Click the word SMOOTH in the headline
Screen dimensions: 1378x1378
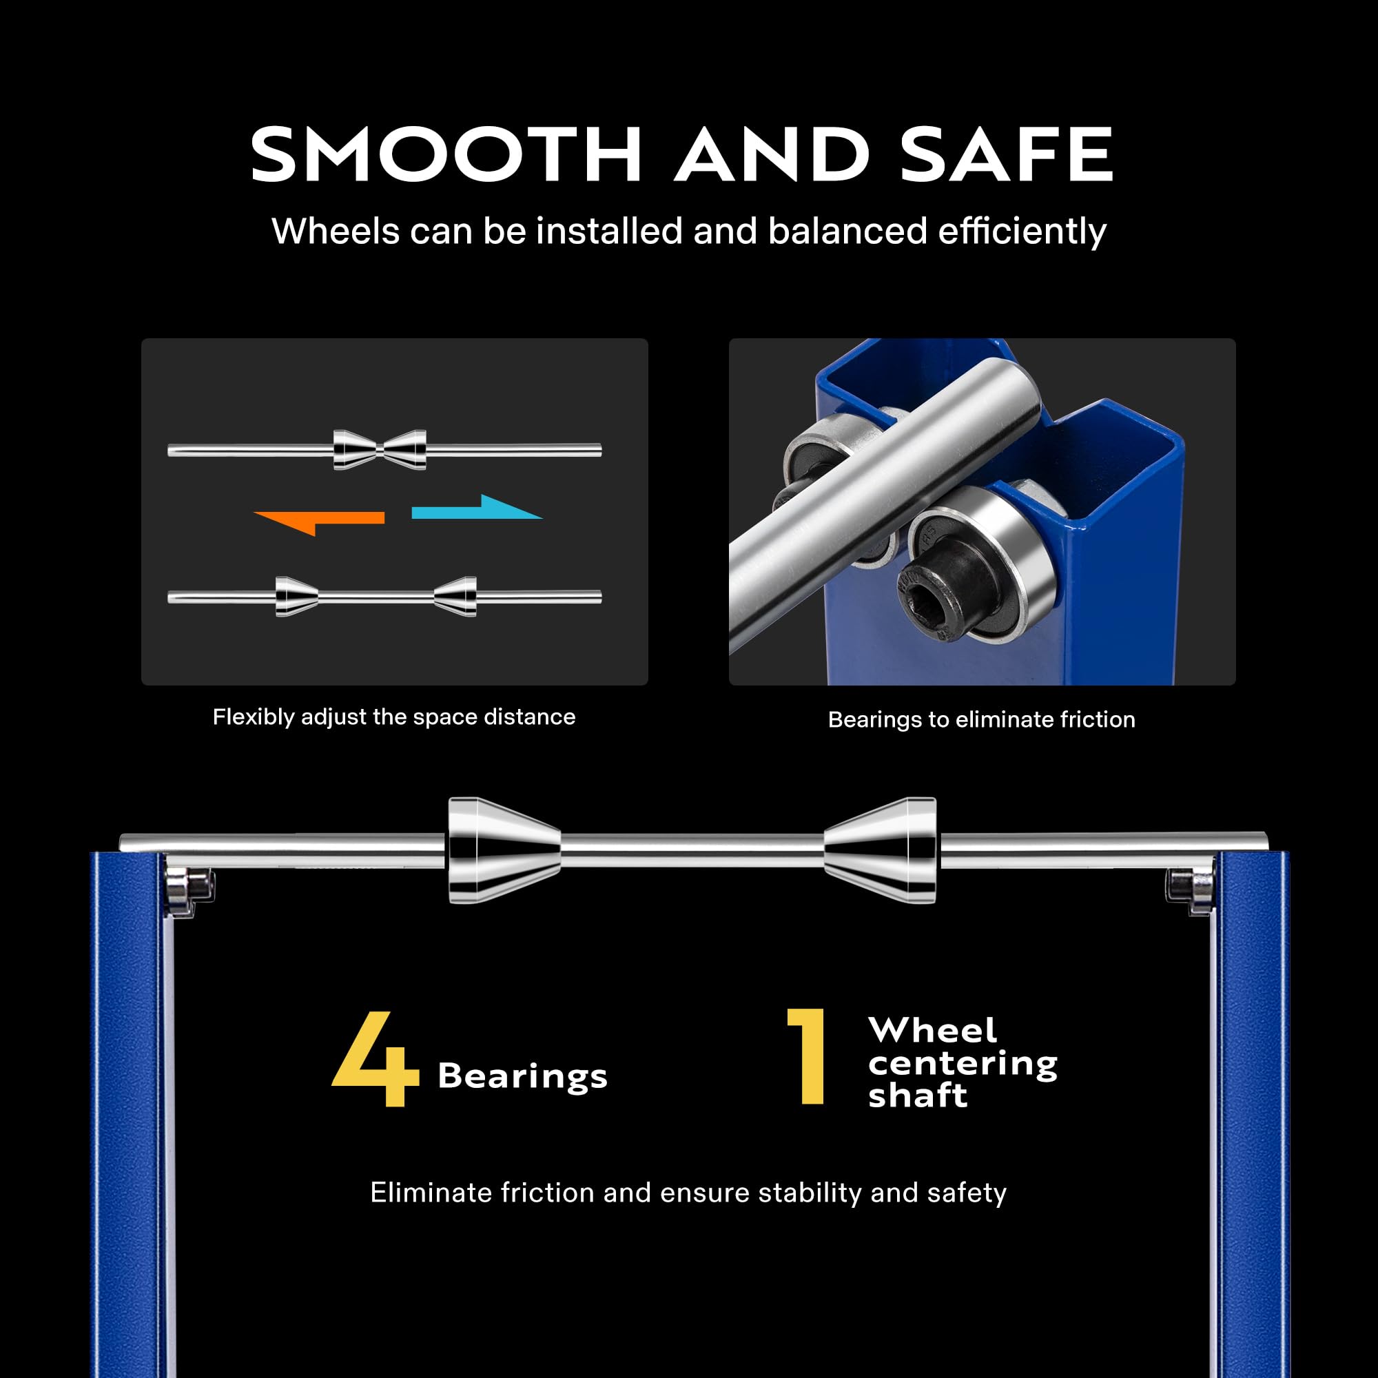446,154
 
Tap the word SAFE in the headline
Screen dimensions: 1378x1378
1006,154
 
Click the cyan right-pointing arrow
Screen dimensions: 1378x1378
477,508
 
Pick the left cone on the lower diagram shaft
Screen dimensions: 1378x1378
297,596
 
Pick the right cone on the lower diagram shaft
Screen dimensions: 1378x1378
455,596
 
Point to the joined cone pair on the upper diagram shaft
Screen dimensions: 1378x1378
380,450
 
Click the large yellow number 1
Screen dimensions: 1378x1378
807,1056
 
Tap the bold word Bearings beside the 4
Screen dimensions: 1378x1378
523,1076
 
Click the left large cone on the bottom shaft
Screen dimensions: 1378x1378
504,850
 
